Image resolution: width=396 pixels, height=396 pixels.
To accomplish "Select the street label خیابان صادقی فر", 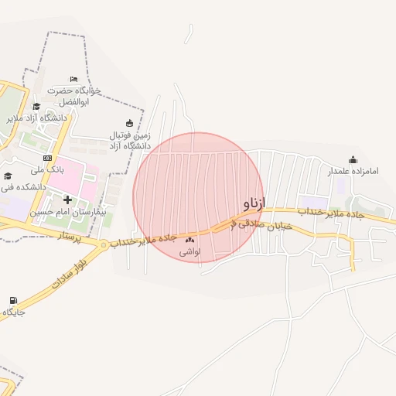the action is coord(263,224).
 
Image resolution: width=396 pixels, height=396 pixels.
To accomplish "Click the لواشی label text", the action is coord(190,251).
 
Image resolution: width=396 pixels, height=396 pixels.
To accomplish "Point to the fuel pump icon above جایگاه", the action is coord(13,301).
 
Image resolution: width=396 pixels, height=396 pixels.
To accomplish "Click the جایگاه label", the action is coord(14,312).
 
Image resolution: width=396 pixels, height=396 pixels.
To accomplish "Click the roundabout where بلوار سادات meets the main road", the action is coord(104,244).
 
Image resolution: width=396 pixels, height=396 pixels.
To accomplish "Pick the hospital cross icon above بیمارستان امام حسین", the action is coord(67,200).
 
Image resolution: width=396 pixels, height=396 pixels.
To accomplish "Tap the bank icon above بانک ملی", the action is coord(47,157).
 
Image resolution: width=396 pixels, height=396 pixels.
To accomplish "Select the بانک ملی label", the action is coord(46,168).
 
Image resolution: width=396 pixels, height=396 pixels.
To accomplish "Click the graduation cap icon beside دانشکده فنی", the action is coord(8,176).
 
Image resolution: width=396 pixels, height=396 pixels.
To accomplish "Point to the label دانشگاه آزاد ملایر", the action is coord(37,118).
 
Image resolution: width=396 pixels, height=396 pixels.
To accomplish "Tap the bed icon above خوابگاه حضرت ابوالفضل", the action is coord(73,80).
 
